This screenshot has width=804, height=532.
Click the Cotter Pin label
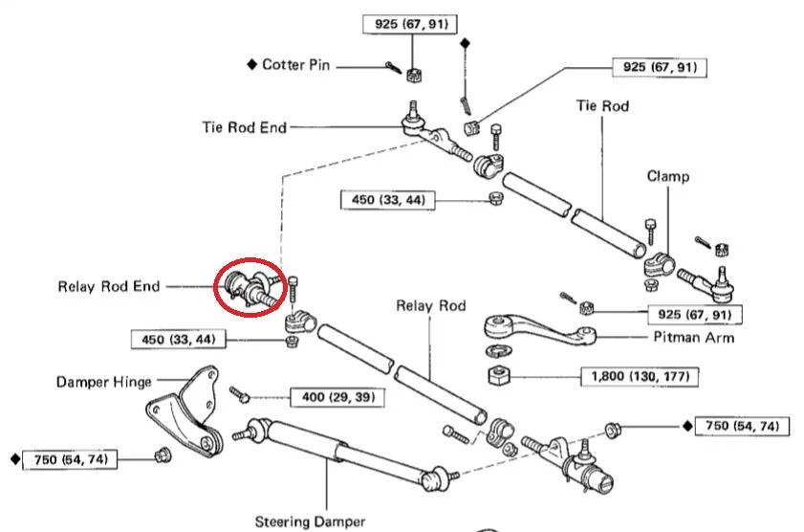295,65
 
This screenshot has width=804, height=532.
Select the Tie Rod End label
244,127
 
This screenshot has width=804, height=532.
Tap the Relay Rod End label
108,285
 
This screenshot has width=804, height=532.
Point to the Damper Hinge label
103,382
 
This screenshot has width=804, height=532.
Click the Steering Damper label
310,521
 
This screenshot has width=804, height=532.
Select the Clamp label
667,177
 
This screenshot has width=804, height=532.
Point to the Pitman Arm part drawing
535,330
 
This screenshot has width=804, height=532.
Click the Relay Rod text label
431,306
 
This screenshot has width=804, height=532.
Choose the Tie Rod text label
602,106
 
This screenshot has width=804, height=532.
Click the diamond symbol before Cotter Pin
252,65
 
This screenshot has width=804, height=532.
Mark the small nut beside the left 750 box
161,454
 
